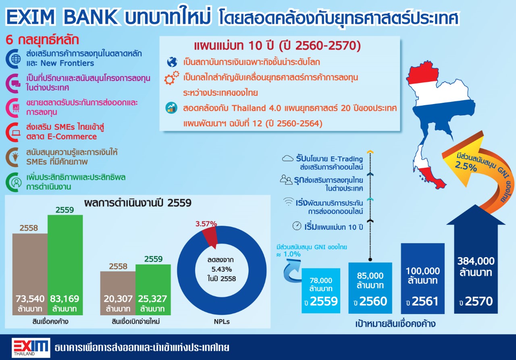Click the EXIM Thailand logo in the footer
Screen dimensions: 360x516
(31, 348)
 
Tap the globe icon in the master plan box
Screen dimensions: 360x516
(172, 62)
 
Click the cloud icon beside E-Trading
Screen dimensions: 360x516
(287, 158)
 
